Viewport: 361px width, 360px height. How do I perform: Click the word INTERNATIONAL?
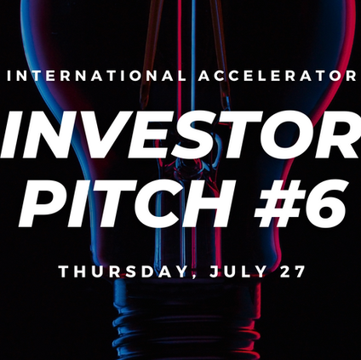pyautogui.click(x=97, y=76)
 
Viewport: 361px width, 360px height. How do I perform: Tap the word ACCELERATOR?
pyautogui.click(x=278, y=76)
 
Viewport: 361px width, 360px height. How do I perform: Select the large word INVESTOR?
pyautogui.click(x=180, y=134)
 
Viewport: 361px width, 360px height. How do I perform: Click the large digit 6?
pyautogui.click(x=323, y=203)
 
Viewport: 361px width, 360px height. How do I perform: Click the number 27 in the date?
pyautogui.click(x=292, y=271)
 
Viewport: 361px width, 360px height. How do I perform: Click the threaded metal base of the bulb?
pyautogui.click(x=186, y=321)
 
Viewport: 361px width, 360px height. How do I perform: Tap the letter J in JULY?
pyautogui.click(x=215, y=271)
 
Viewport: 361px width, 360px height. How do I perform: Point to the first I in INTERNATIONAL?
pyautogui.click(x=9, y=76)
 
